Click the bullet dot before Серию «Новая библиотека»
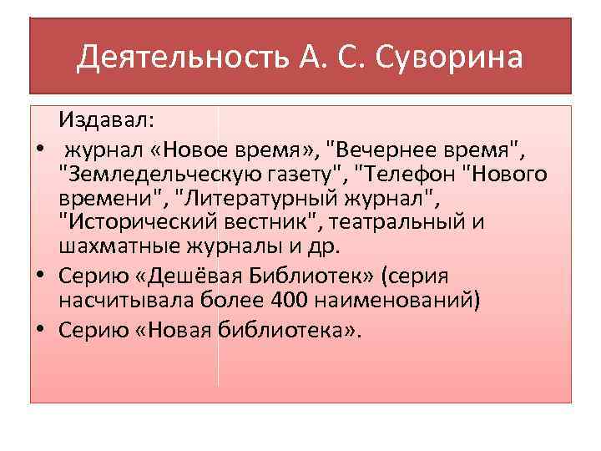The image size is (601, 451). pyautogui.click(x=39, y=329)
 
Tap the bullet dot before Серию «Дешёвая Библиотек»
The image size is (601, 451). pyautogui.click(x=39, y=276)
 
